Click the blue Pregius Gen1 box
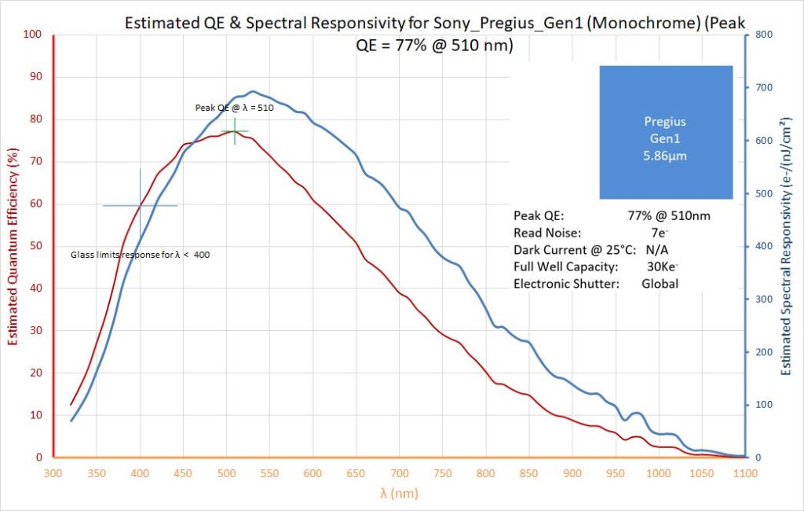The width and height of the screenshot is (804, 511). click(x=665, y=132)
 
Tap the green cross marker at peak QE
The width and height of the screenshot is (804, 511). click(x=235, y=131)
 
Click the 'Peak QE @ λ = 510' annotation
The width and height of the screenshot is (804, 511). click(x=234, y=108)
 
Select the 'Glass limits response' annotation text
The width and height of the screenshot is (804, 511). click(x=140, y=255)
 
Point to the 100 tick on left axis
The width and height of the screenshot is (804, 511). click(x=32, y=35)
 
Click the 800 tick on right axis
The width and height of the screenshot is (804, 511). click(x=762, y=35)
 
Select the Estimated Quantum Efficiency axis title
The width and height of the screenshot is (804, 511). click(x=12, y=246)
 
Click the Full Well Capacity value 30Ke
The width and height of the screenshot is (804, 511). click(x=661, y=267)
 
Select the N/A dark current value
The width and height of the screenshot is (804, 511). click(x=656, y=249)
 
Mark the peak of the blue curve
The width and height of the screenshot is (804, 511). click(x=253, y=91)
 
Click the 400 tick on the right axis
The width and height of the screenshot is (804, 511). click(x=762, y=246)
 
